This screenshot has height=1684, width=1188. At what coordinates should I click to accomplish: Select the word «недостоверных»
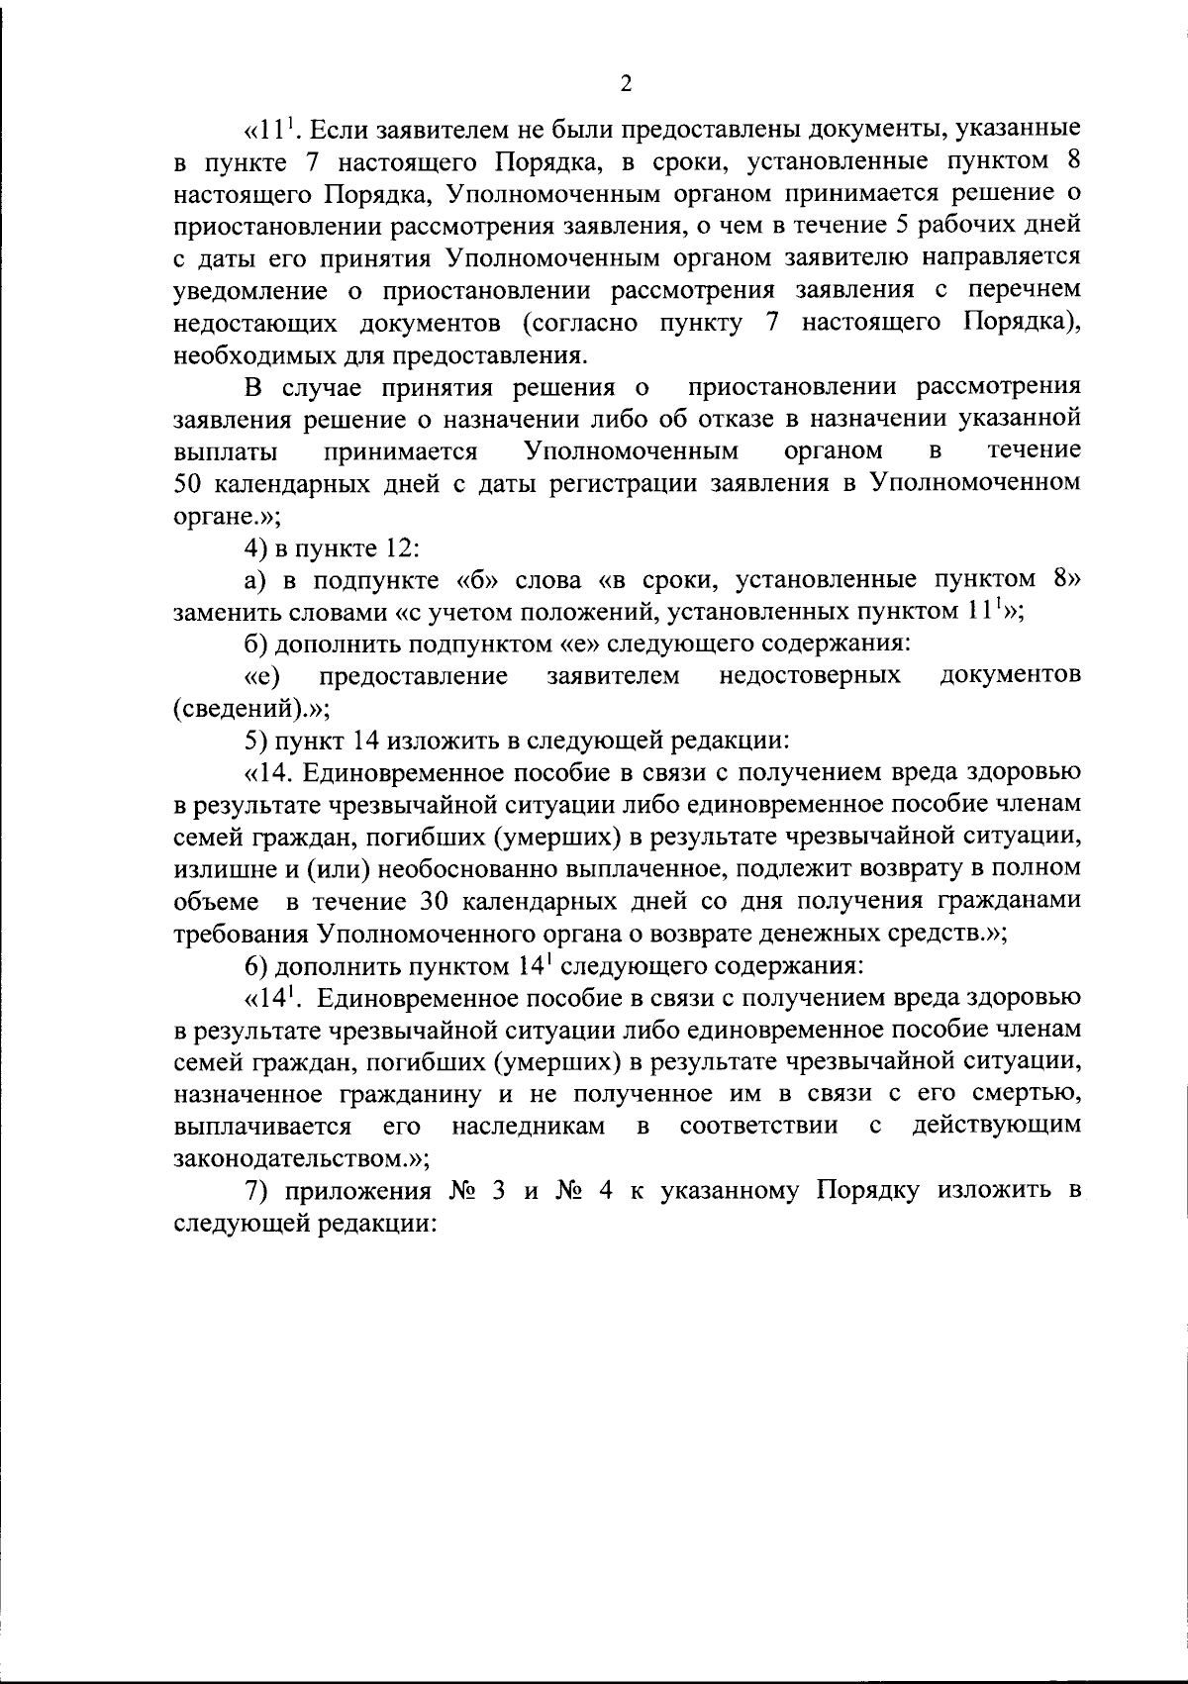(x=809, y=676)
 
